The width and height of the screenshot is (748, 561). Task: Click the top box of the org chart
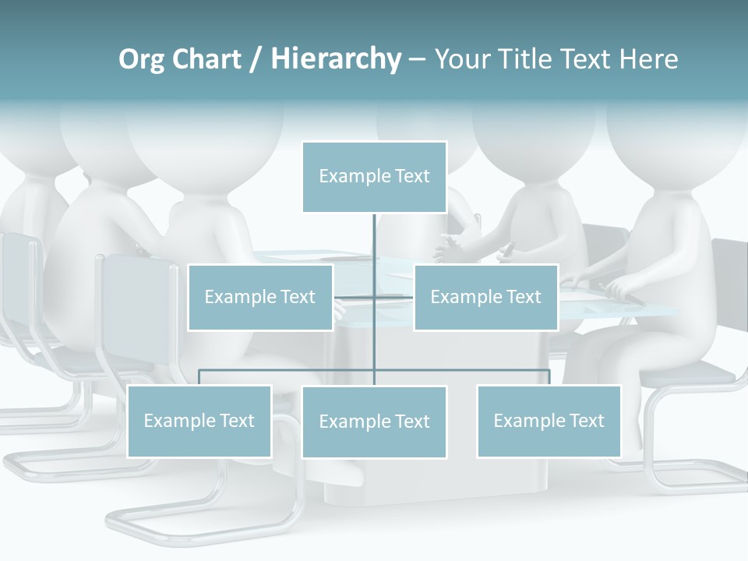coord(374,177)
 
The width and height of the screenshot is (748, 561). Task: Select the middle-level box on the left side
coord(260,297)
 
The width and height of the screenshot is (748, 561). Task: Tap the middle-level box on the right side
coord(486,297)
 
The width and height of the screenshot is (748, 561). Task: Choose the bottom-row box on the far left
coord(199,422)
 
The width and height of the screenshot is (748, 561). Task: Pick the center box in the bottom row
coord(374,422)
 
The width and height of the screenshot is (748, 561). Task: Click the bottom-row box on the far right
coord(549,422)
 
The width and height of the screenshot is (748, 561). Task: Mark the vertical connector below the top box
coord(374,238)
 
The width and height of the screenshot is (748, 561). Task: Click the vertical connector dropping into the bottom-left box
coord(199,377)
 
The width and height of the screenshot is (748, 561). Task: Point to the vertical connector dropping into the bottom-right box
coord(549,377)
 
